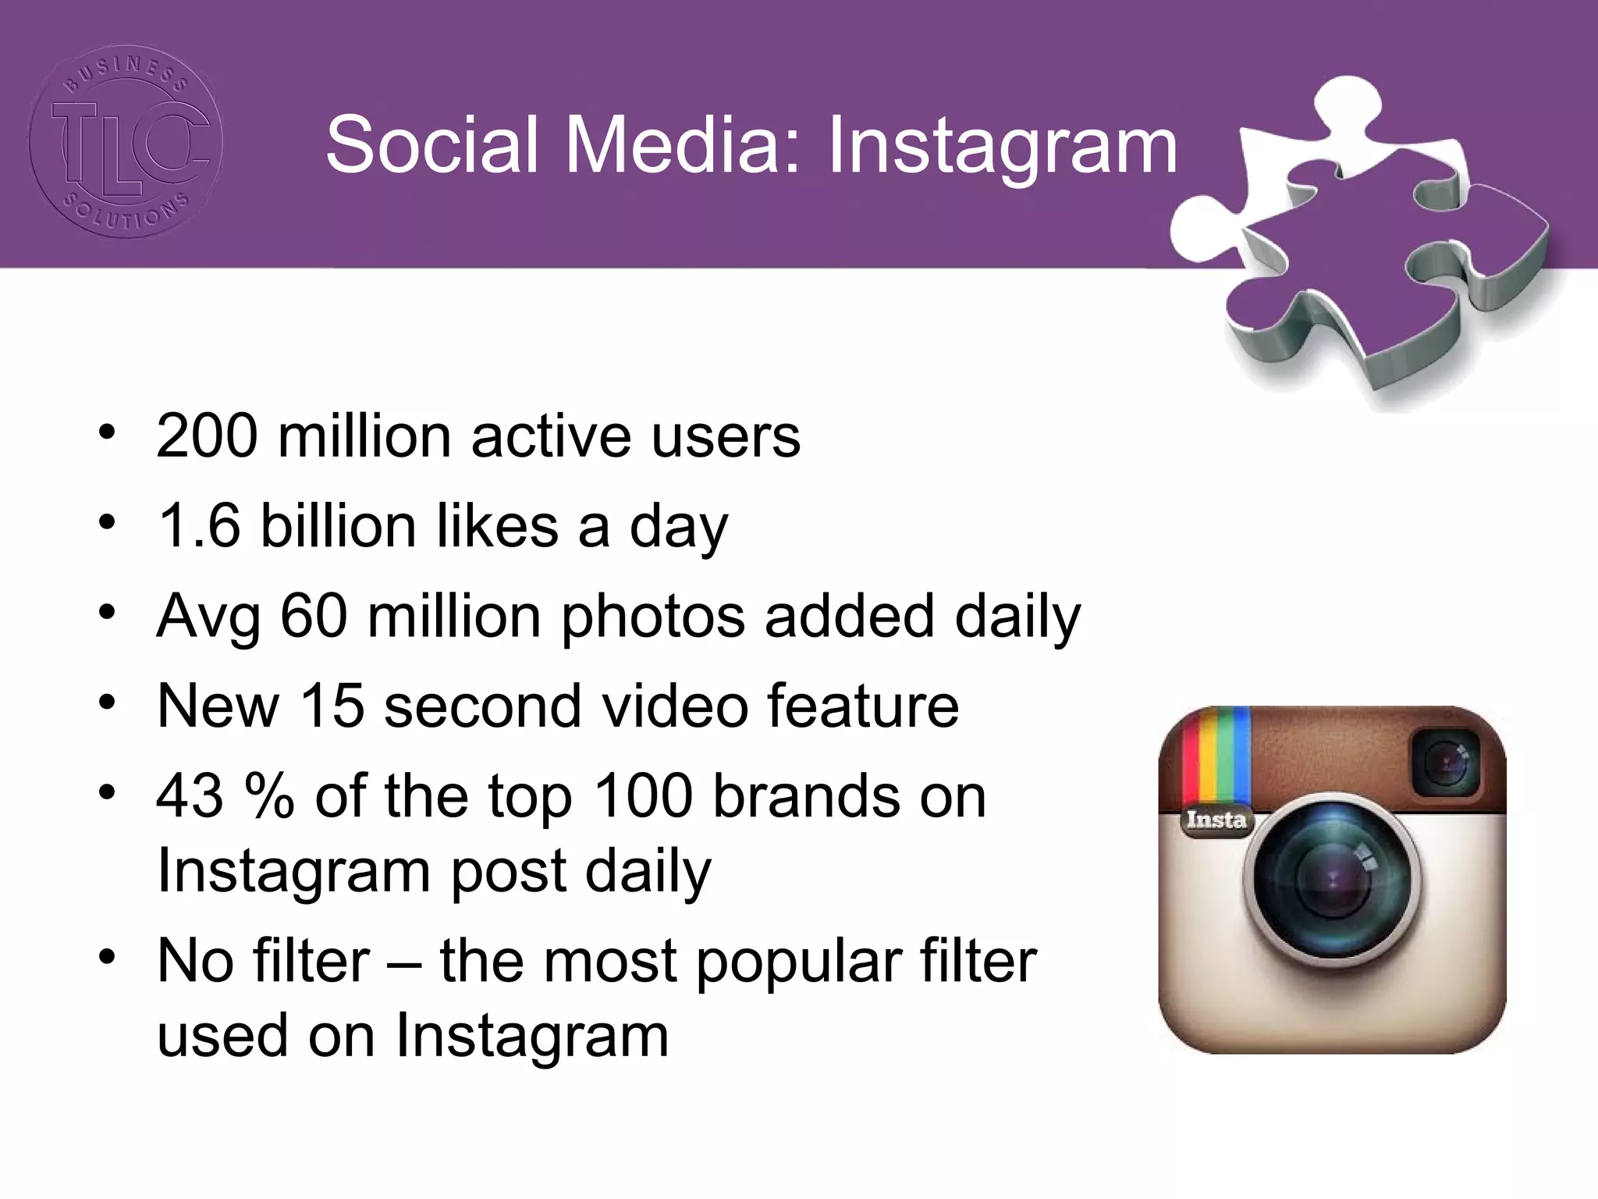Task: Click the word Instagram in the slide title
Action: [x=1002, y=146]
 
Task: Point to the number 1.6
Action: [x=199, y=525]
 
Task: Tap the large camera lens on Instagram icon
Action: [x=1332, y=877]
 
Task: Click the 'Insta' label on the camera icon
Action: [x=1216, y=820]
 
